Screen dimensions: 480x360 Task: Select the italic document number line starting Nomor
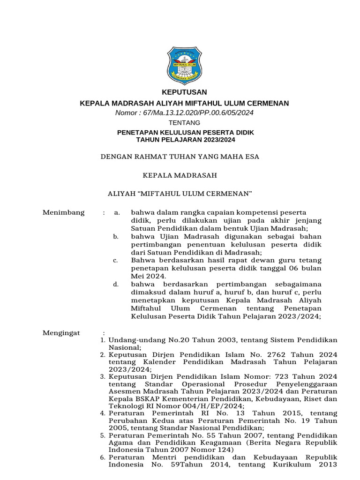click(184, 112)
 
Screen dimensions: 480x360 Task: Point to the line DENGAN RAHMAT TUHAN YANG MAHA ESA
click(180, 156)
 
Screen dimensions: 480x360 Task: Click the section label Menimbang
click(63, 212)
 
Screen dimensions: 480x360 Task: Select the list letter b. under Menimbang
click(116, 237)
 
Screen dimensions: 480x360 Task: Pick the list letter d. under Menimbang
click(116, 285)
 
